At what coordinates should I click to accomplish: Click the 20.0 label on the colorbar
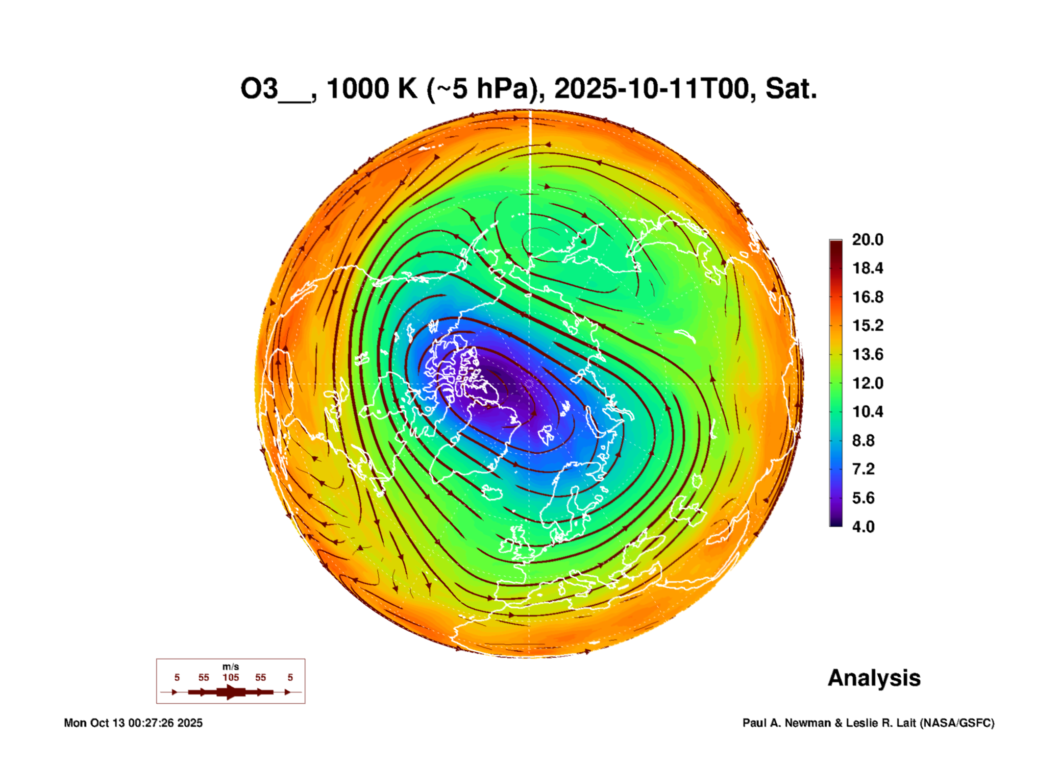tap(867, 240)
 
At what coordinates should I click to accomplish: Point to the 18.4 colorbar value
tap(867, 268)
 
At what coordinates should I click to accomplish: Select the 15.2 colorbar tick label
tap(867, 325)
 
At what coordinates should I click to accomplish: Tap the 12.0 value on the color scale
tap(867, 383)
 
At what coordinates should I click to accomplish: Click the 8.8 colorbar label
tap(863, 440)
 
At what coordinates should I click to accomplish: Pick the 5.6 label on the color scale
tap(863, 498)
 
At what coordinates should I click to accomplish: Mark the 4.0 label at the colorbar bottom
tap(863, 526)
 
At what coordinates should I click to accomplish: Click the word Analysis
tap(874, 678)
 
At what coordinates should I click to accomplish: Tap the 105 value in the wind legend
tap(231, 677)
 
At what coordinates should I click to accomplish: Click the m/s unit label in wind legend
tap(231, 666)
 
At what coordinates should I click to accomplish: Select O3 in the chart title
tap(259, 89)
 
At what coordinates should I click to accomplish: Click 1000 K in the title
tap(372, 89)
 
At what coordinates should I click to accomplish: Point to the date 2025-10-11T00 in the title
tap(652, 89)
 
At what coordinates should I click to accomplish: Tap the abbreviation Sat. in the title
tap(790, 89)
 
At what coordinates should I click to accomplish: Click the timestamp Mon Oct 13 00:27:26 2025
tap(133, 723)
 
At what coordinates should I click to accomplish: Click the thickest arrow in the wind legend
tap(231, 692)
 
